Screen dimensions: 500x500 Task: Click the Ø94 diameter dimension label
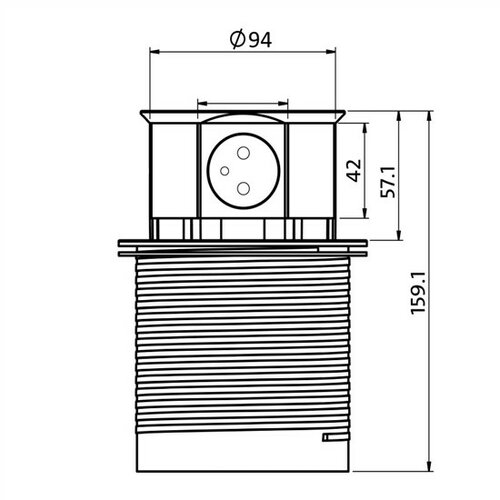251,40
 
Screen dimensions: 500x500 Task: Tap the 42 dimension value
354,170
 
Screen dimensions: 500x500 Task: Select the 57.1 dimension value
388,182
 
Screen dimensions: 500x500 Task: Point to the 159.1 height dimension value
419,293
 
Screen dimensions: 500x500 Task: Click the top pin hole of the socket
243,153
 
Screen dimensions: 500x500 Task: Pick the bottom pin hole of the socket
243,189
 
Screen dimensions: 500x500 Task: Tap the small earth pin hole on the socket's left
225,171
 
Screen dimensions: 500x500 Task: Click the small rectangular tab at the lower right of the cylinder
335,436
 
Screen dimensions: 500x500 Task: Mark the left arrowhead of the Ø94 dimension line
154,51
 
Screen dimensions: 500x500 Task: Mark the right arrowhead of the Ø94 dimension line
331,51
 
